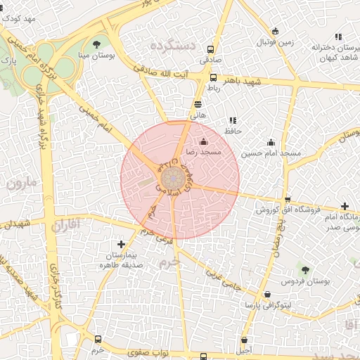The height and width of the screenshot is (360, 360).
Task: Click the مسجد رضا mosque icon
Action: click(204, 141)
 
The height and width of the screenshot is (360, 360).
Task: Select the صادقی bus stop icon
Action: click(210, 50)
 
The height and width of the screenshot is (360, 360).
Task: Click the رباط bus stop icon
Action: click(214, 78)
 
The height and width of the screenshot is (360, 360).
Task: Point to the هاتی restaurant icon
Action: click(198, 103)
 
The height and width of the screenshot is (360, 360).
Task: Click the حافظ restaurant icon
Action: click(233, 120)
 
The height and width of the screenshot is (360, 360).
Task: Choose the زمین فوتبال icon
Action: click(274, 32)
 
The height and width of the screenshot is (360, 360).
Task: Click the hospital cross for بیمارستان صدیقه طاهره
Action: click(122, 244)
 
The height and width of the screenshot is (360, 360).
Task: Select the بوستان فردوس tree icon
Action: click(304, 270)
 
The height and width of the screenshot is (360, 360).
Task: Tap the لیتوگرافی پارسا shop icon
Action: click(266, 295)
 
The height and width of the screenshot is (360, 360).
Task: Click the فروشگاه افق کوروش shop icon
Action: click(287, 200)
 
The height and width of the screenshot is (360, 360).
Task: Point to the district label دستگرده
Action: click(172, 46)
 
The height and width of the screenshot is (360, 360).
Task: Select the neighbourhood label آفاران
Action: click(67, 226)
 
